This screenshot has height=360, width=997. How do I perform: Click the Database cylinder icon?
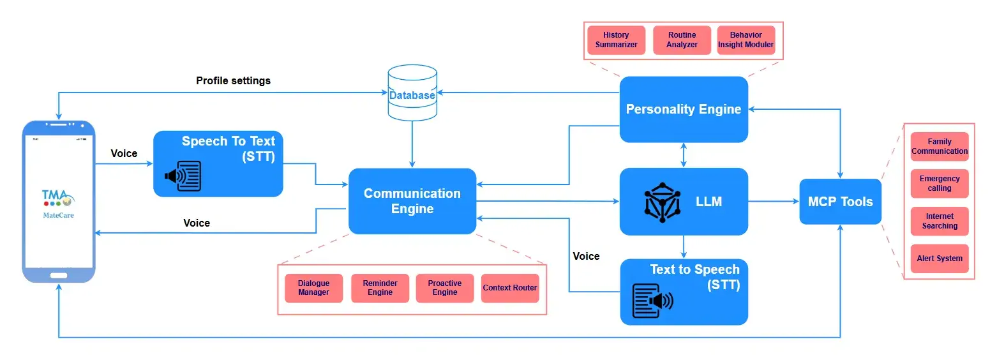(x=412, y=93)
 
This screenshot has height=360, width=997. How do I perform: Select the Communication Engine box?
(x=412, y=201)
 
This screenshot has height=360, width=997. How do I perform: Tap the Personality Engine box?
(x=684, y=109)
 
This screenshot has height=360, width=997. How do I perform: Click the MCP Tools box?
(x=840, y=202)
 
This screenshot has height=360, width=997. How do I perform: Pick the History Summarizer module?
(x=616, y=40)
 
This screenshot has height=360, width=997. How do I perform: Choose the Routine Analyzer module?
(x=682, y=40)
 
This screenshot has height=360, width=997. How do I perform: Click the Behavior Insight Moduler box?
(x=746, y=40)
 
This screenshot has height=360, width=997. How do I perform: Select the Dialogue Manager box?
(x=313, y=288)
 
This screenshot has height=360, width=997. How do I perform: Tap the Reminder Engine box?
(x=380, y=288)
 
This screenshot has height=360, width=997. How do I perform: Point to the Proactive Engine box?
(x=445, y=288)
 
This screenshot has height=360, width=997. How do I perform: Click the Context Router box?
(x=510, y=288)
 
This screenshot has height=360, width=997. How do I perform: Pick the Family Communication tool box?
(x=940, y=147)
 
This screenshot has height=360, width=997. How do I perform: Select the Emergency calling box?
(x=940, y=184)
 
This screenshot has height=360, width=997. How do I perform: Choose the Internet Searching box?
(x=940, y=221)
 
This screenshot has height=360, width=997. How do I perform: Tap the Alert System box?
(x=940, y=259)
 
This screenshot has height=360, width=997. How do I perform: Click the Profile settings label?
(x=233, y=81)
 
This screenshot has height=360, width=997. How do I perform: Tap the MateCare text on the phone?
(x=58, y=215)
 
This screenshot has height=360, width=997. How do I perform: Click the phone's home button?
(x=58, y=274)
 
